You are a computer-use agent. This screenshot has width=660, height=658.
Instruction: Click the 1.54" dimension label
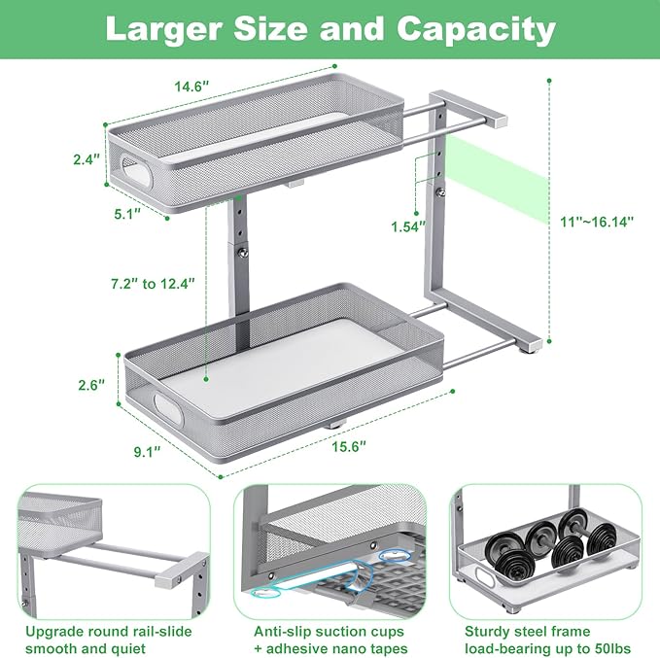pyautogui.click(x=406, y=226)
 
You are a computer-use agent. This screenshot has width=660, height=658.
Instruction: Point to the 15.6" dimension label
pyautogui.click(x=333, y=445)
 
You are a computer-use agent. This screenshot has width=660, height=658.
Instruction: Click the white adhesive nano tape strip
pyautogui.click(x=311, y=573)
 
